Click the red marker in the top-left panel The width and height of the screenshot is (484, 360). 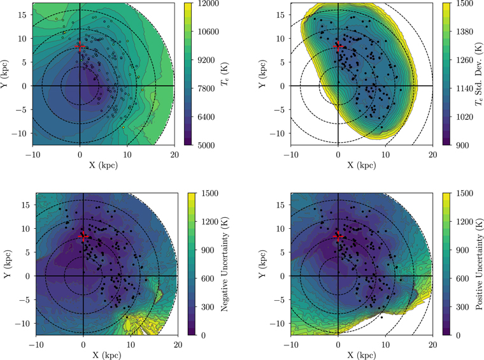(80, 46)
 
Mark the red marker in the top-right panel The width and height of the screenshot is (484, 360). (338, 46)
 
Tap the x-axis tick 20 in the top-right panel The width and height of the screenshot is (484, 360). (432, 154)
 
